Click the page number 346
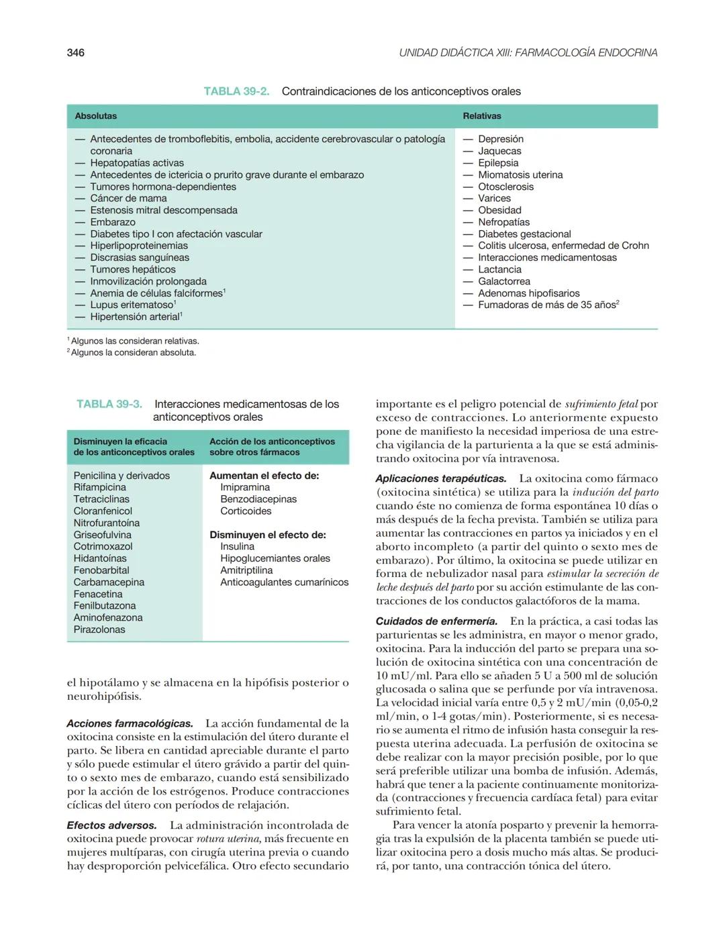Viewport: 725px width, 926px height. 76,53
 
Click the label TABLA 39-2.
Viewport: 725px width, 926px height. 236,91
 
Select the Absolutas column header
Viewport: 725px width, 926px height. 96,116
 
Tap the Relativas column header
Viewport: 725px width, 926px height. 482,116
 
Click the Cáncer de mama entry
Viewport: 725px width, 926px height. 128,199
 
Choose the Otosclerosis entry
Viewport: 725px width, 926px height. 505,187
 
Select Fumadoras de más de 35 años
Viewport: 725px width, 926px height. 547,305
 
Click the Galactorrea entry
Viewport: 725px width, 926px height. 503,282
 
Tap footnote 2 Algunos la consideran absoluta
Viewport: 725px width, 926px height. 133,353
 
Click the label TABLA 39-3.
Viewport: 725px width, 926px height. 109,404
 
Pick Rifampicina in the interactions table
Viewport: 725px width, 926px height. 100,488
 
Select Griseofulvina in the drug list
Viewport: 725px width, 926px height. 103,535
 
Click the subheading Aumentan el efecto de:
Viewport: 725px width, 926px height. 264,476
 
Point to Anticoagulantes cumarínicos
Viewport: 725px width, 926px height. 284,582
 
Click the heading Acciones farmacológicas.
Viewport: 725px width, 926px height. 130,724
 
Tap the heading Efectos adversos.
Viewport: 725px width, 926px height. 111,825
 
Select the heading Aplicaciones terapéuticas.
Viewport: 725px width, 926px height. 441,479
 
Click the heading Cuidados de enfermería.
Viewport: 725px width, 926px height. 436,621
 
